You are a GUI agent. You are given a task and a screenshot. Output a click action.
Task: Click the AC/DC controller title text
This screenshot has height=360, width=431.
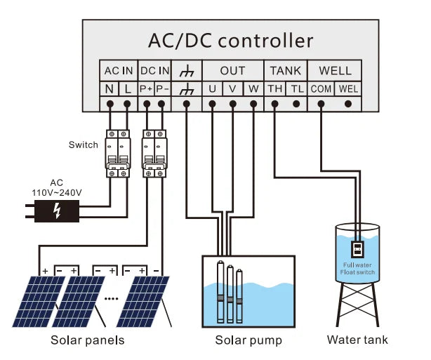[x=230, y=40]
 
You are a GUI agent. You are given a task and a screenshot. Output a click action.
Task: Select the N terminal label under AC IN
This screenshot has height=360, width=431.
[x=110, y=89]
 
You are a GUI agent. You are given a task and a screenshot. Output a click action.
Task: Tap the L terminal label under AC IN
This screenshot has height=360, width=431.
[x=127, y=89]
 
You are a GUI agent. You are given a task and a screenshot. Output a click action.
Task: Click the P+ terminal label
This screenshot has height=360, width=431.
[x=146, y=89]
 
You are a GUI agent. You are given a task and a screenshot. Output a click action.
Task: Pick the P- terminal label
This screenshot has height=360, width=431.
[x=162, y=89]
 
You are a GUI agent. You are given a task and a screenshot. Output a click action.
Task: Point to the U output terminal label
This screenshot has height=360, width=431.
[x=212, y=89]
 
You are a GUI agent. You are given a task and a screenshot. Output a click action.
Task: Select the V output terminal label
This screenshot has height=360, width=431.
[x=233, y=89]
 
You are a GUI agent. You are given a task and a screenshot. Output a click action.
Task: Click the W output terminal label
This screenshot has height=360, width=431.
[x=253, y=89]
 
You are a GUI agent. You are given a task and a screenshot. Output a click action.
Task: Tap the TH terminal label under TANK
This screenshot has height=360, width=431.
[x=275, y=89]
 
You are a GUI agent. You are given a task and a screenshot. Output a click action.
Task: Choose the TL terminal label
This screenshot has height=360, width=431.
[x=297, y=89]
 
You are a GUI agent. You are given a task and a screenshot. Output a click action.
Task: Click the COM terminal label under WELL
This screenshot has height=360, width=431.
[x=321, y=89]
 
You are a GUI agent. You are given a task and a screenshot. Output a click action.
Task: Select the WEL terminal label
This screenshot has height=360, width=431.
[x=348, y=89]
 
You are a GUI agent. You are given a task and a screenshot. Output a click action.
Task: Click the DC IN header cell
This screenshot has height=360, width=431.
[x=154, y=71]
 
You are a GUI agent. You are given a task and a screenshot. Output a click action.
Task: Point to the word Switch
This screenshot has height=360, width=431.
[x=84, y=145]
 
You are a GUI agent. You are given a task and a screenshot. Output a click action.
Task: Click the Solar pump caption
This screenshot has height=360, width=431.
[x=248, y=340]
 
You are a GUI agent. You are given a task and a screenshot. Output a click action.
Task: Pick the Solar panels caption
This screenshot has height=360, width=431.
[x=88, y=340]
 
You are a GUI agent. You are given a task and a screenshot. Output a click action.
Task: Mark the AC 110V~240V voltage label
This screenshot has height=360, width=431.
[x=56, y=187]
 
